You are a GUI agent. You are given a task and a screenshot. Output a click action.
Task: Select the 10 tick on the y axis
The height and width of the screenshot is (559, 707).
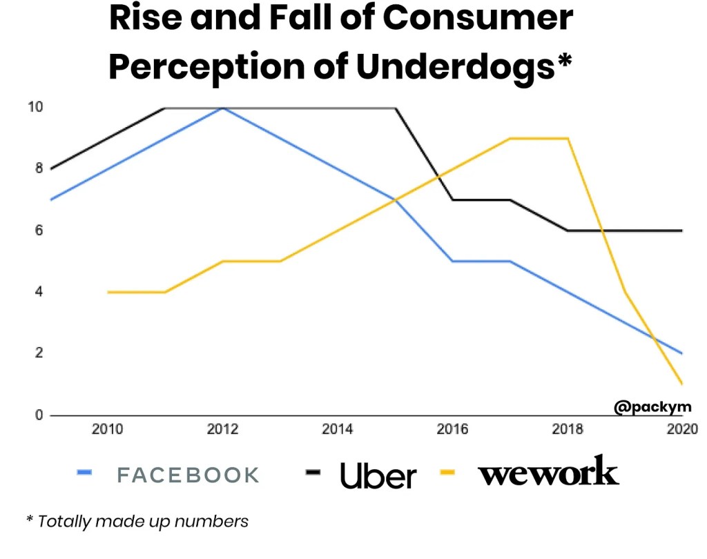click(35, 107)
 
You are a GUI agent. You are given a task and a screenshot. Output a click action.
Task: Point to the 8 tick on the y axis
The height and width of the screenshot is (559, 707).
click(39, 168)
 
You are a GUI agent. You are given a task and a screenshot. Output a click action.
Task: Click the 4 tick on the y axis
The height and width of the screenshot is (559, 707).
click(39, 292)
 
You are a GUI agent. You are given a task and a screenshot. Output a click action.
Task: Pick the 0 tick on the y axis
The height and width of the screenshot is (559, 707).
click(39, 415)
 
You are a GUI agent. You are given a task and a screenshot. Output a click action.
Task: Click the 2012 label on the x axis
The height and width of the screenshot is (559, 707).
click(222, 430)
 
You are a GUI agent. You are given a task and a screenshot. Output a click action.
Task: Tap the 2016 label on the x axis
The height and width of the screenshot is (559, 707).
click(452, 430)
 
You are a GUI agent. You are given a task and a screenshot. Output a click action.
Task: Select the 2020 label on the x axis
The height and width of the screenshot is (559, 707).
click(681, 430)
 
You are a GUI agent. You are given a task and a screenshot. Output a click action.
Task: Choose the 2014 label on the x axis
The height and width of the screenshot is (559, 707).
click(337, 430)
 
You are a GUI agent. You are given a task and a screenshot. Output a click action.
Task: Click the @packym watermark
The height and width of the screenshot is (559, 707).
click(652, 407)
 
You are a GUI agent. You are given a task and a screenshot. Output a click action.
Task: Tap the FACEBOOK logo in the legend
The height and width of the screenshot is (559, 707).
click(188, 475)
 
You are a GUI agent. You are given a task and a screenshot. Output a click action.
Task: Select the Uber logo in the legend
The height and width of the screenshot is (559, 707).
click(378, 475)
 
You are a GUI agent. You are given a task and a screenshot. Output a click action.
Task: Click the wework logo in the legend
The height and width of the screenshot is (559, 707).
click(548, 472)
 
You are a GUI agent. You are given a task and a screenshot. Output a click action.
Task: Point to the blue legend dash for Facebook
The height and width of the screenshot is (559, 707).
click(84, 473)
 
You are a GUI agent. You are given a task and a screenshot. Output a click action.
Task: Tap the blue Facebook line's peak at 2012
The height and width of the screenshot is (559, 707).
click(222, 108)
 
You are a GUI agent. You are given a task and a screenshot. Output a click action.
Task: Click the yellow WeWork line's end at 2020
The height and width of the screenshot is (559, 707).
click(682, 384)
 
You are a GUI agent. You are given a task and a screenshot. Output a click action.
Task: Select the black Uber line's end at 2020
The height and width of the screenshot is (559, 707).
click(682, 231)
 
